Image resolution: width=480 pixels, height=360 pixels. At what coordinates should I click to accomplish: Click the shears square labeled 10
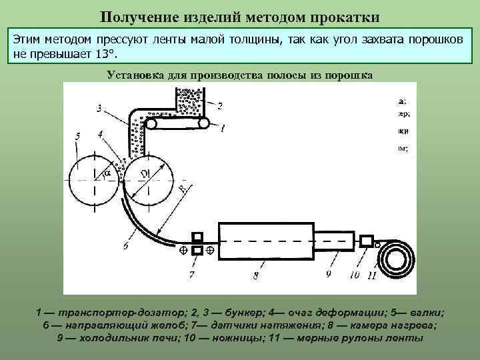click(367, 240)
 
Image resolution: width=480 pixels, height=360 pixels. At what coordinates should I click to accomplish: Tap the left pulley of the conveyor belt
click(153, 123)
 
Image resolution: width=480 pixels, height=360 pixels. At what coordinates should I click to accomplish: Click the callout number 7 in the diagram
click(192, 274)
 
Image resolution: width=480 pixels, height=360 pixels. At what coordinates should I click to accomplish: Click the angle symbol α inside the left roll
click(107, 174)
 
